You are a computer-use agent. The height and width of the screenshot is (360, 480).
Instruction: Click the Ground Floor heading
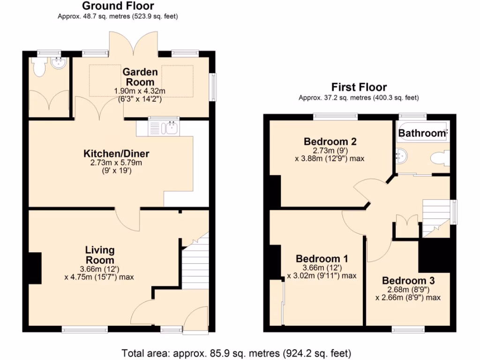[118, 6]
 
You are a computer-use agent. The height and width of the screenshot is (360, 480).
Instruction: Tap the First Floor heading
[359, 87]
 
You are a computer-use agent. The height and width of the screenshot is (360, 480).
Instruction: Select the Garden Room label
[141, 76]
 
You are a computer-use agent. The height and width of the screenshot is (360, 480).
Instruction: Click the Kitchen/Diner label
[116, 154]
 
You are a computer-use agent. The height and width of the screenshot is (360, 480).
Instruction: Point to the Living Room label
[99, 255]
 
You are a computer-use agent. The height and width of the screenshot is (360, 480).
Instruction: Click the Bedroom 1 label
[322, 259]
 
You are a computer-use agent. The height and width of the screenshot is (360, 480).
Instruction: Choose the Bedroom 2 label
[330, 142]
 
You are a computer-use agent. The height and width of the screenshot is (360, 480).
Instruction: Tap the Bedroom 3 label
[408, 281]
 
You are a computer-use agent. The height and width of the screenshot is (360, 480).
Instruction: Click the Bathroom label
[421, 133]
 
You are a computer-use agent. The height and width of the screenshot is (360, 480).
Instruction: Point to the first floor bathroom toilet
[441, 158]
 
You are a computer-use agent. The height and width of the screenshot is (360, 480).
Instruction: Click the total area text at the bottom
[236, 352]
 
